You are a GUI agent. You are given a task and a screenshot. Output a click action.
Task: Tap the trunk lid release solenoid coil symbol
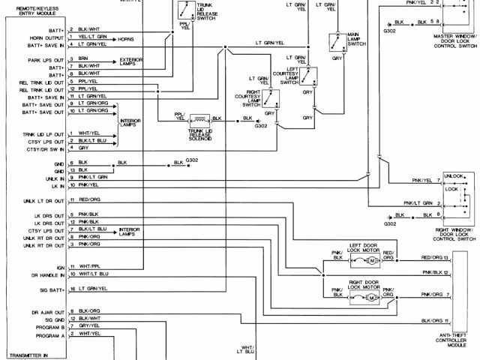[199, 118]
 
